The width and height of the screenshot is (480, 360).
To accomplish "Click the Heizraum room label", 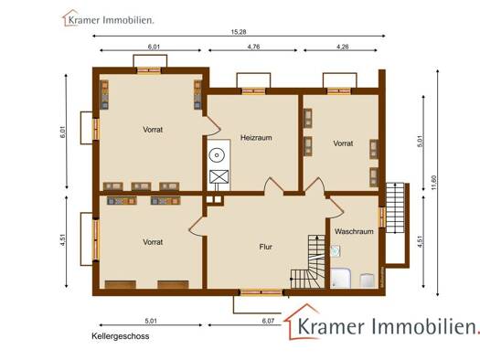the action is coord(256,138).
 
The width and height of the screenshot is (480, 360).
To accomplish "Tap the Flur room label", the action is coord(265,247).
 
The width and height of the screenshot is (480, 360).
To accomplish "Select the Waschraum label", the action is coord(354,231).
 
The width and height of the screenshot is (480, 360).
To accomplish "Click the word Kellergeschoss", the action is coord(121,336).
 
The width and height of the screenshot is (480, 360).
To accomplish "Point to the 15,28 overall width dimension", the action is coord(239,32).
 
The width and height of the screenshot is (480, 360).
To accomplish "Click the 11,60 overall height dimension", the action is coord(433,183).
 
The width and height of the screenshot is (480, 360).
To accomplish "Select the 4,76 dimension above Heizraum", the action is coord(253,47).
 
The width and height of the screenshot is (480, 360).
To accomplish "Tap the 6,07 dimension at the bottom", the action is coord(268,321).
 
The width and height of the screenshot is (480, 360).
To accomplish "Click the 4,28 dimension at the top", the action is coord(342,47).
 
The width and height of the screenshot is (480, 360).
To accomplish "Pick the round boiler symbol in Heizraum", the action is coord(217,155).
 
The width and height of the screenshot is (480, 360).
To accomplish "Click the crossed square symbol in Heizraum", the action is coord(219,176).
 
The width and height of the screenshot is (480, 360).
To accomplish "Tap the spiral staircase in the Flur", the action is coord(307,261).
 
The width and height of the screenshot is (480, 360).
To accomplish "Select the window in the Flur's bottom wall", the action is coord(261,292).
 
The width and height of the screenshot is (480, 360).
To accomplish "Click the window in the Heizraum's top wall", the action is coord(253,90).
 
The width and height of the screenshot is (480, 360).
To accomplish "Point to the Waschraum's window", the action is coord(382,217).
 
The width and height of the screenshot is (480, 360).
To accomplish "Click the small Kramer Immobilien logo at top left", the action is coord(109,18).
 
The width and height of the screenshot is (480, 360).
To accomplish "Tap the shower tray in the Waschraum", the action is coord(340,278).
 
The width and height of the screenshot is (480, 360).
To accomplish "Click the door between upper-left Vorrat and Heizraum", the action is coord(212,126).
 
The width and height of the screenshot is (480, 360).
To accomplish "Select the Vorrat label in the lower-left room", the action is coord(153,242).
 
